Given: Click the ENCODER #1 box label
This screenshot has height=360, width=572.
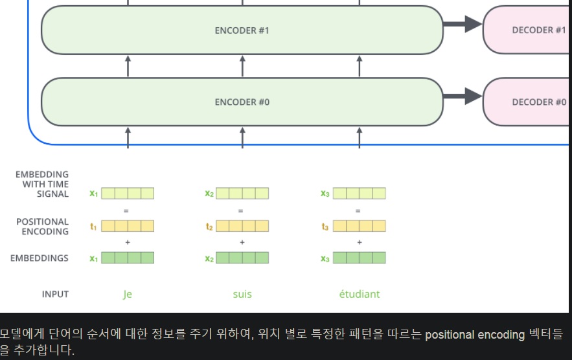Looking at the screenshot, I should coord(242,30).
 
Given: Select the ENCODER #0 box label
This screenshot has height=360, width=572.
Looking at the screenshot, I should coord(242,102).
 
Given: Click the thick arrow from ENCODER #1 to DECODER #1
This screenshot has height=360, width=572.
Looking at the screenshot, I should coord(463,25).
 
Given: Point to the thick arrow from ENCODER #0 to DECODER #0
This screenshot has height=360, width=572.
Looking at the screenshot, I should coord(463,97).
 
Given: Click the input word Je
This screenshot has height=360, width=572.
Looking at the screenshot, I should coord(128,294).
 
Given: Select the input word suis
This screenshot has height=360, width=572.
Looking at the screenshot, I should coord(242,294).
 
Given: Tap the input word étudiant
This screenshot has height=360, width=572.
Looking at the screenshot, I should coord(360,294).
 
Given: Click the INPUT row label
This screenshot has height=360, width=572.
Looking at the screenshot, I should coord(55,294).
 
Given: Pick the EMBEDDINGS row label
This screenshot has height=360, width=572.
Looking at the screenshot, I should coord(40,258).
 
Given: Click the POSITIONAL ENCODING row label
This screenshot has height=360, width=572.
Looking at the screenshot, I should coord(42,227).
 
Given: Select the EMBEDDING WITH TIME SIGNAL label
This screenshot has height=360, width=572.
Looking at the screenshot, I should coord(42,184).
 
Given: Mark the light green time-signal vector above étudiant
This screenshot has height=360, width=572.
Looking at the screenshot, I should coord(360,194).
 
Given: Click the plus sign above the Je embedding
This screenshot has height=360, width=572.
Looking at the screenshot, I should coord(127,242).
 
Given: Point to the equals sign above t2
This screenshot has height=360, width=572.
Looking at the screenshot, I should coord(240,210).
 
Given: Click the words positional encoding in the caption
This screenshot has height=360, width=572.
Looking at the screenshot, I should coord(465,335).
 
